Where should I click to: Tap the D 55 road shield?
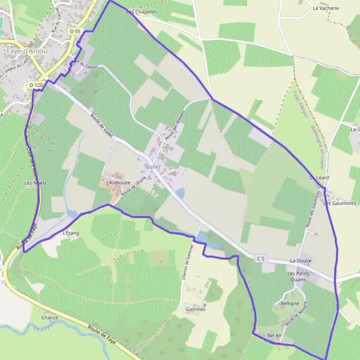74,31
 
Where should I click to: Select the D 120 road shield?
36,86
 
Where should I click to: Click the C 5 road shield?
260,259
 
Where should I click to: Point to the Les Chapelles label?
142,11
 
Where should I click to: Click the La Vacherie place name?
326,8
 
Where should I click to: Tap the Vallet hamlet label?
154,166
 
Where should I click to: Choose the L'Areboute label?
118,181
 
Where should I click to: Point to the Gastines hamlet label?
196,310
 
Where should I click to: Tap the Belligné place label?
290,304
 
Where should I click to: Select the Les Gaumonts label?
340,203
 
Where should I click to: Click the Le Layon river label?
43,328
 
